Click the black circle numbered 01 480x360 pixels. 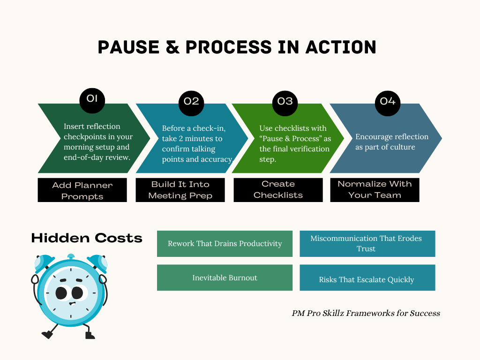92,99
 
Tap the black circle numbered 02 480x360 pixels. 191,102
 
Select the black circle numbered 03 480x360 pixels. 285,102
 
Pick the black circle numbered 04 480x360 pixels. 388,102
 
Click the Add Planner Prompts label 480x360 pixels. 82,190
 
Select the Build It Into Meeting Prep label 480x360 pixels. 180,190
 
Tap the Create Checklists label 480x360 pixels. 278,189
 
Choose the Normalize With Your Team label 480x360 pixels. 375,189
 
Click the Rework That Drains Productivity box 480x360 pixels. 225,244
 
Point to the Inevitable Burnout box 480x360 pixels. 225,278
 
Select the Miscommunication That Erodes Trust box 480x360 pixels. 367,244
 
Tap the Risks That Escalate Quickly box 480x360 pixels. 367,280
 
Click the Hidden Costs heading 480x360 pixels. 87,238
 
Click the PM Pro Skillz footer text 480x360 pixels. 366,313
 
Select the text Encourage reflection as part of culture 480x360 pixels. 392,142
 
